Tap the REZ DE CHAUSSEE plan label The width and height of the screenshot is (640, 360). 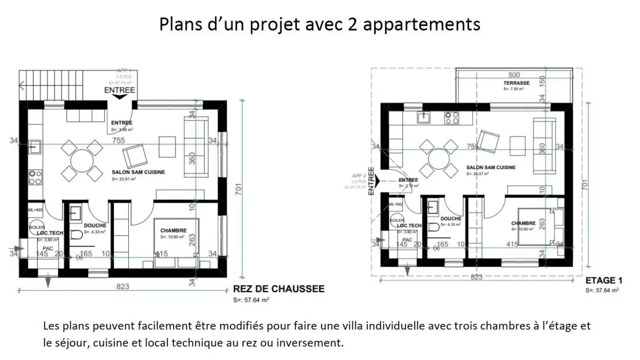[x=279, y=289]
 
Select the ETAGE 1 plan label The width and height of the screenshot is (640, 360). [x=604, y=281]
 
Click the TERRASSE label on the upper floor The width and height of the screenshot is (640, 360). [x=516, y=83]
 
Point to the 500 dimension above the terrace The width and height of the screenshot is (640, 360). [x=514, y=75]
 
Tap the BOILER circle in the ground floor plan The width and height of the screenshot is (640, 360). [x=37, y=226]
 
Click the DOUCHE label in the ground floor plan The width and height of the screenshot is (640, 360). [x=95, y=225]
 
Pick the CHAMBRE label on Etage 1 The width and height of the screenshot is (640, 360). [x=523, y=223]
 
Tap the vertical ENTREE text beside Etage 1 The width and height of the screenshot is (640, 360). [x=371, y=181]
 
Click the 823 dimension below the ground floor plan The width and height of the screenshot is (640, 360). [x=123, y=287]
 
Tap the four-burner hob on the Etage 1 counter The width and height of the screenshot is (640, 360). [x=452, y=117]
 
